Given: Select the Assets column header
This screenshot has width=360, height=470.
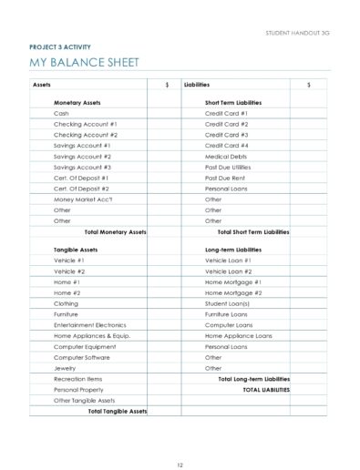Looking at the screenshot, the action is [x=41, y=84].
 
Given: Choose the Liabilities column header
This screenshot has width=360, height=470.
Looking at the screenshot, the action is [x=197, y=84].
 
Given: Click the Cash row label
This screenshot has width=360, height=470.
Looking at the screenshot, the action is [x=61, y=113].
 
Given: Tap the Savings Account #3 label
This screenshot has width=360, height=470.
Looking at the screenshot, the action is [x=82, y=167].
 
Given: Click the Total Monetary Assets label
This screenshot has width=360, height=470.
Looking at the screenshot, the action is [x=115, y=231].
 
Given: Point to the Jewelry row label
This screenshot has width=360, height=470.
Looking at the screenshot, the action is [x=66, y=368].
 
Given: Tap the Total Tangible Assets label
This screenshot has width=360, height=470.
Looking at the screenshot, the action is [x=117, y=411].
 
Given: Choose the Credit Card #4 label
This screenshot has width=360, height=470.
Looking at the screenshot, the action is [x=226, y=145].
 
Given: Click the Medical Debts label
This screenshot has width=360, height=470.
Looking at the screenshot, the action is [x=224, y=156].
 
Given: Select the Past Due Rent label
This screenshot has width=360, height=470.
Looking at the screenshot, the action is [x=224, y=178].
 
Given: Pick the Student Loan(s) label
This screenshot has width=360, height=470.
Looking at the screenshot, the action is [x=228, y=303].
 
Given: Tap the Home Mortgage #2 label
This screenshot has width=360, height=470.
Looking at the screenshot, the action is [x=233, y=292].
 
